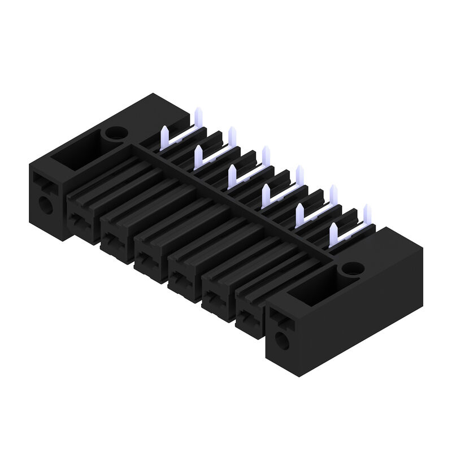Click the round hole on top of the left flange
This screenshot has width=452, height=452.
[115, 134]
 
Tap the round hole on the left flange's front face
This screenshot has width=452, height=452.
[45, 204]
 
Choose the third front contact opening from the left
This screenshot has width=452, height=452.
[146, 260]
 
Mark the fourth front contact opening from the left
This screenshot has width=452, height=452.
[180, 280]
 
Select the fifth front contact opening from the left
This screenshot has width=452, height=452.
[215, 300]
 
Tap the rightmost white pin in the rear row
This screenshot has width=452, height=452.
[367, 215]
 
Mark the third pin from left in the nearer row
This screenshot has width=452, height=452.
[232, 176]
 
